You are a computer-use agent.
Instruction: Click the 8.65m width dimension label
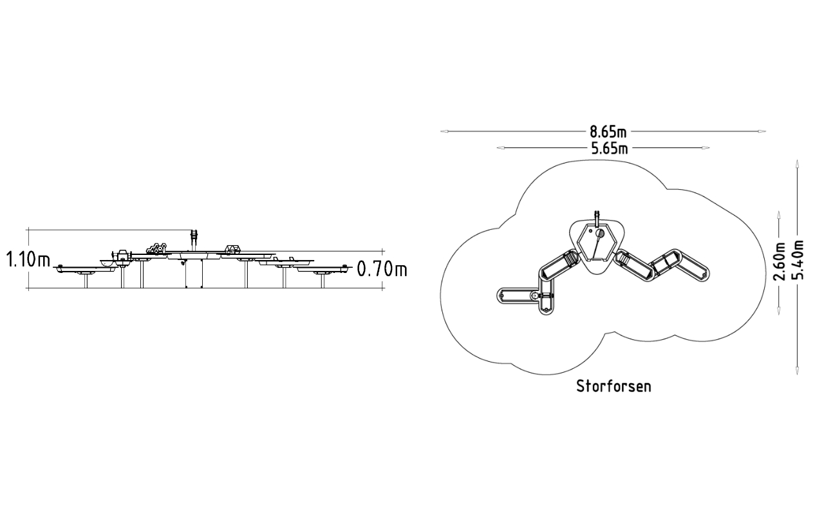click(x=608, y=131)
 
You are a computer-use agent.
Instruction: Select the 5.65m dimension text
click(x=610, y=149)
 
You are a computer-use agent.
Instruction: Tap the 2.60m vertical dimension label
click(x=779, y=261)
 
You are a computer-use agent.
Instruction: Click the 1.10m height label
click(x=28, y=259)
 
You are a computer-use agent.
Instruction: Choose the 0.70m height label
click(x=382, y=269)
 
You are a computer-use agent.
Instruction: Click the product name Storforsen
click(x=613, y=387)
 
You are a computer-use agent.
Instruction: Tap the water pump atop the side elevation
click(x=194, y=240)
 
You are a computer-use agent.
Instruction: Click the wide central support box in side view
click(x=194, y=274)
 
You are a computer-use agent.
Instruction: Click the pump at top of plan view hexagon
click(x=597, y=220)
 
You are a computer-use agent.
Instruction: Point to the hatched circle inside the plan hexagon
click(x=600, y=233)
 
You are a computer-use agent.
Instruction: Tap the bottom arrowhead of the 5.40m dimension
click(x=797, y=371)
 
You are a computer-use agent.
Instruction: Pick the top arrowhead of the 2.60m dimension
click(x=779, y=215)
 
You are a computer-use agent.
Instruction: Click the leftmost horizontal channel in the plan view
click(x=518, y=295)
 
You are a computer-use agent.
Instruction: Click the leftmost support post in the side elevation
click(x=86, y=281)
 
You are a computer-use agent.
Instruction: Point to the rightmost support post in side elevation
click(x=323, y=281)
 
